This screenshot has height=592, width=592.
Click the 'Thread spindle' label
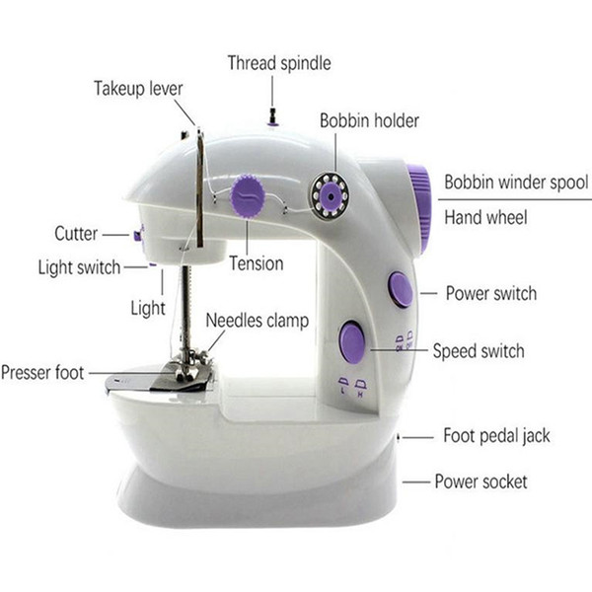(279, 63)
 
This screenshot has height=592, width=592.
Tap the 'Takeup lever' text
(138, 89)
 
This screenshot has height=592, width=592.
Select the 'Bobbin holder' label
(369, 120)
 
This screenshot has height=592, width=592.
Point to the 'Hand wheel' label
(485, 217)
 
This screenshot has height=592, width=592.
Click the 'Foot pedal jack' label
(496, 436)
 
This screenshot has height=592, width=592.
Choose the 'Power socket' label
(481, 481)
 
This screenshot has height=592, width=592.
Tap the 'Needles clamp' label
(258, 322)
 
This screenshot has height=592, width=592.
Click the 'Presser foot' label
(42, 373)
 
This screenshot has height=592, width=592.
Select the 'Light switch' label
(79, 267)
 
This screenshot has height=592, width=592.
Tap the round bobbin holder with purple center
(331, 195)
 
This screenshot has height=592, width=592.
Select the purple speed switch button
(352, 341)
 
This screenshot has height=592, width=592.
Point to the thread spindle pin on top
(272, 117)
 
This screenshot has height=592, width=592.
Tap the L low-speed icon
(342, 385)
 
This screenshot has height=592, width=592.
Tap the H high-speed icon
(360, 388)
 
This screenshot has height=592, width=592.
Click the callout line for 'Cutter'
(115, 235)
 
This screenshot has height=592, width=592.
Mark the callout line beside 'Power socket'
(416, 482)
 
